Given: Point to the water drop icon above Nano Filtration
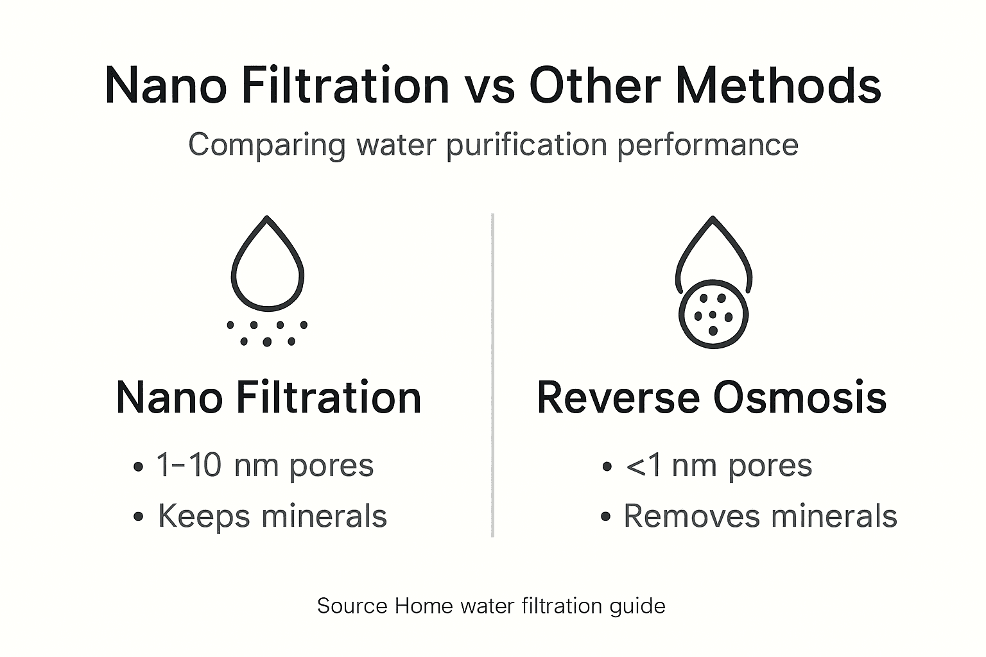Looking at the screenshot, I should pos(267,263).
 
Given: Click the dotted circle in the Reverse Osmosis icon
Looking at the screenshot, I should pos(713,314).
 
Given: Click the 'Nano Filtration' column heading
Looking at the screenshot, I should pos(268,398).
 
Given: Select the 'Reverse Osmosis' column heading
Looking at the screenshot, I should pos(711,398).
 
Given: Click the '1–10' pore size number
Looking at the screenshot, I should pos(189,465).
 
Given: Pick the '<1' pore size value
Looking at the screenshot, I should pos(643,466).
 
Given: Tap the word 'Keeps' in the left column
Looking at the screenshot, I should pos(203,516).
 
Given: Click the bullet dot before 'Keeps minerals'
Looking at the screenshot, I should pos(138,518).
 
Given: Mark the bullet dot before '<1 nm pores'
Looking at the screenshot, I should pos(607,467).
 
